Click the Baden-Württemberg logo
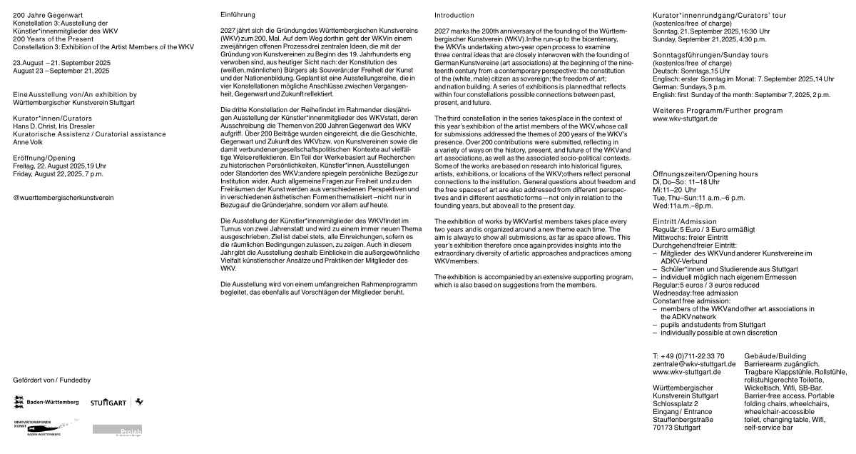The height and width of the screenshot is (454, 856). pyautogui.click(x=46, y=403)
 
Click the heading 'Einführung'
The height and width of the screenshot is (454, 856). pyautogui.click(x=238, y=15)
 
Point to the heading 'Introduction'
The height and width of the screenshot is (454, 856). pyautogui.click(x=454, y=15)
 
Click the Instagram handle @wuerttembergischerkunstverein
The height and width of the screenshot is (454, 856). pyautogui.click(x=63, y=198)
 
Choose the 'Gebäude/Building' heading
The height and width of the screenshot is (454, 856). pyautogui.click(x=775, y=355)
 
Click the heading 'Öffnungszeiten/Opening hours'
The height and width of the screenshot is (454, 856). pyautogui.click(x=705, y=174)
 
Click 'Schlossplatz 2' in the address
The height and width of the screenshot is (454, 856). pyautogui.click(x=676, y=404)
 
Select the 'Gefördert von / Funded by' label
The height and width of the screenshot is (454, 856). pyautogui.click(x=52, y=380)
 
